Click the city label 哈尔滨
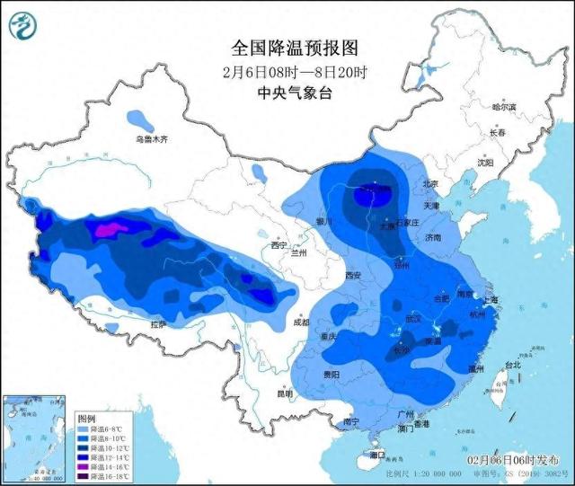(504, 107)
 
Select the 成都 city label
(300, 322)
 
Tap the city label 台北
(511, 366)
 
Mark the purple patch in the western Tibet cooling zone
(107, 230)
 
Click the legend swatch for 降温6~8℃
(84, 429)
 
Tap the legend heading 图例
(86, 419)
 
